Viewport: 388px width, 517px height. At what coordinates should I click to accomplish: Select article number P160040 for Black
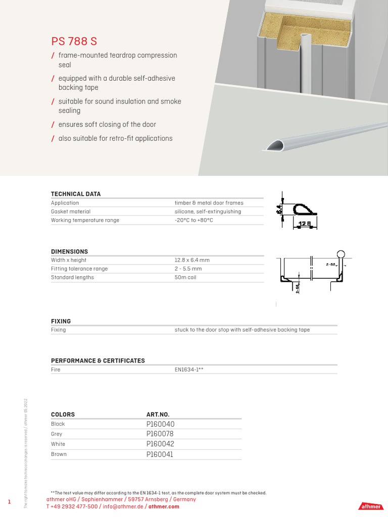point(160,424)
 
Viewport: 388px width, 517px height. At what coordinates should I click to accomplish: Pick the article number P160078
point(160,434)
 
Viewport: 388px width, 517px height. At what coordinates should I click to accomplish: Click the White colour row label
point(58,444)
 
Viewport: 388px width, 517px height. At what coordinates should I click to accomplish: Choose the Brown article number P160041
point(160,454)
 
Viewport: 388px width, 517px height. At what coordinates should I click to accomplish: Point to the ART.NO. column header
point(158,415)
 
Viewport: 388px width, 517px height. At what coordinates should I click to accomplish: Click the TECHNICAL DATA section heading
point(76,194)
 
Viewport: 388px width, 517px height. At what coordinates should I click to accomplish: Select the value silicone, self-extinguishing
point(208,212)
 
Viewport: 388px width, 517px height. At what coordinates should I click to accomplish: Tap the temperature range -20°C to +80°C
point(190,221)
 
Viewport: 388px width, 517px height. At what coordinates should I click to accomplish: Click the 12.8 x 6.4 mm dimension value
point(192,260)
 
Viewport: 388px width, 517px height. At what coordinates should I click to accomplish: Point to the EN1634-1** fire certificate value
point(189,370)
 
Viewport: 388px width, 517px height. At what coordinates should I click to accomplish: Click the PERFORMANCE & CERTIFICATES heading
point(98,360)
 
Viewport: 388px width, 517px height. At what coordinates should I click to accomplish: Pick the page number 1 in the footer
point(9,501)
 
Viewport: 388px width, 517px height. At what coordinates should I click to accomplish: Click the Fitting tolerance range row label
point(79,269)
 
